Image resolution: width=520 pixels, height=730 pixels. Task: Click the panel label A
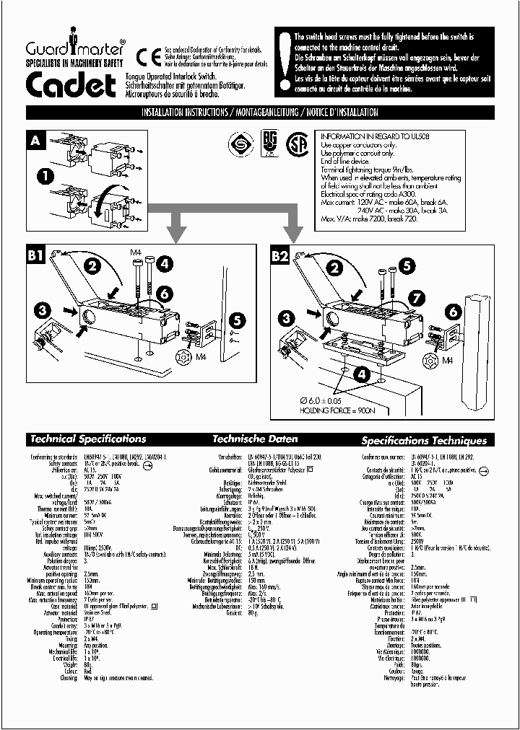[x=35, y=141]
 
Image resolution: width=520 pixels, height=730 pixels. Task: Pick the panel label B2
[x=280, y=255]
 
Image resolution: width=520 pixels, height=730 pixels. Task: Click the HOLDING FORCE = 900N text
[x=334, y=410]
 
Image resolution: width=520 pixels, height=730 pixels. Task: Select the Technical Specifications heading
[x=87, y=439]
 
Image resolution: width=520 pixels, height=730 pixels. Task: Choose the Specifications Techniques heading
[x=424, y=440]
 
